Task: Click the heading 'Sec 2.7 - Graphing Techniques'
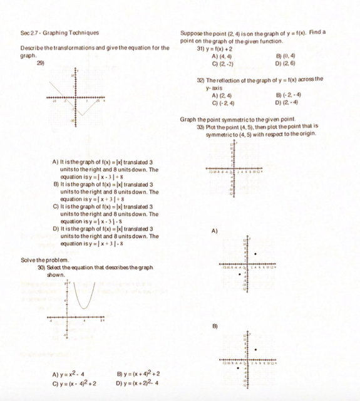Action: click(x=59, y=33)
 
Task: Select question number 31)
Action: click(x=201, y=48)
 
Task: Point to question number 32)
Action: click(x=201, y=79)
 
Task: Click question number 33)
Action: click(x=201, y=126)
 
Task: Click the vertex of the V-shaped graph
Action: click(x=80, y=115)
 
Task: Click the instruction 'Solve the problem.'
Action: click(x=42, y=259)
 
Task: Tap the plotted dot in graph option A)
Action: click(x=255, y=254)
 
